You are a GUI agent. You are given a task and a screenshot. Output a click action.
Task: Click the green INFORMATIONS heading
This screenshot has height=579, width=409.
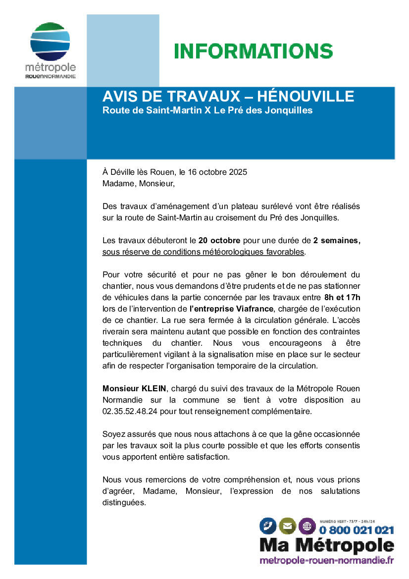[253, 51]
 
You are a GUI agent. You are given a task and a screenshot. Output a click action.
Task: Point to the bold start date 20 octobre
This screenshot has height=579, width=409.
[219, 241]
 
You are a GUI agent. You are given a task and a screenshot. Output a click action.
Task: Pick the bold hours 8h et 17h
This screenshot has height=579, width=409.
[342, 298]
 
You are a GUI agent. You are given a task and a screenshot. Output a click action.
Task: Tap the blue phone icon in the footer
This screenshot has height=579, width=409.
[268, 526]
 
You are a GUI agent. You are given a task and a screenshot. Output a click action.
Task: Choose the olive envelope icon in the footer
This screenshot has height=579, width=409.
[287, 526]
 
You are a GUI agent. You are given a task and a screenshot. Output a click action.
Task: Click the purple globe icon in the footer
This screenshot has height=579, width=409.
[307, 526]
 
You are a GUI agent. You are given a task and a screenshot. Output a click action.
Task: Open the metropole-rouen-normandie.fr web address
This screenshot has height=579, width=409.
[327, 560]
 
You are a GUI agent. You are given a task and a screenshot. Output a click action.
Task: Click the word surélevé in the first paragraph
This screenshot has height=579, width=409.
[283, 206]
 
